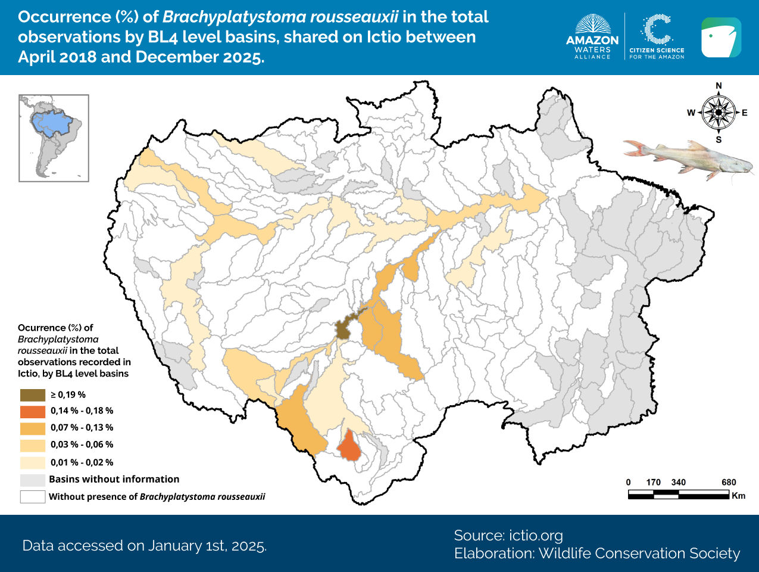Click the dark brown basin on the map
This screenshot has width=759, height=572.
tap(342, 329)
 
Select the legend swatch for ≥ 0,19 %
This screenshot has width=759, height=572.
tap(33, 394)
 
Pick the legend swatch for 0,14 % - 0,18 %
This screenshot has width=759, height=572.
tap(33, 411)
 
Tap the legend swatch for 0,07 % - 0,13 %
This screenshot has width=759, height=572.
tap(33, 428)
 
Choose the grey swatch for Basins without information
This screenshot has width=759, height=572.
tap(33, 480)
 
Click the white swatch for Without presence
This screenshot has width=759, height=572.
tap(33, 496)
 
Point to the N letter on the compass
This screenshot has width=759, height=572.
tap(719, 86)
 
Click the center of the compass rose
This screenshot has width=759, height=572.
tap(719, 112)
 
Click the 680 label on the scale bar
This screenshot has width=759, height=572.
tap(729, 483)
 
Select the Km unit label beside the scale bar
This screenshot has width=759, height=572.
tap(739, 496)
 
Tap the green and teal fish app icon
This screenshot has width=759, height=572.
tap(721, 38)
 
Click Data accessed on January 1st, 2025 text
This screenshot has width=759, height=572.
tap(145, 546)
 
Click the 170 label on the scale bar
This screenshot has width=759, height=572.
tap(654, 483)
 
